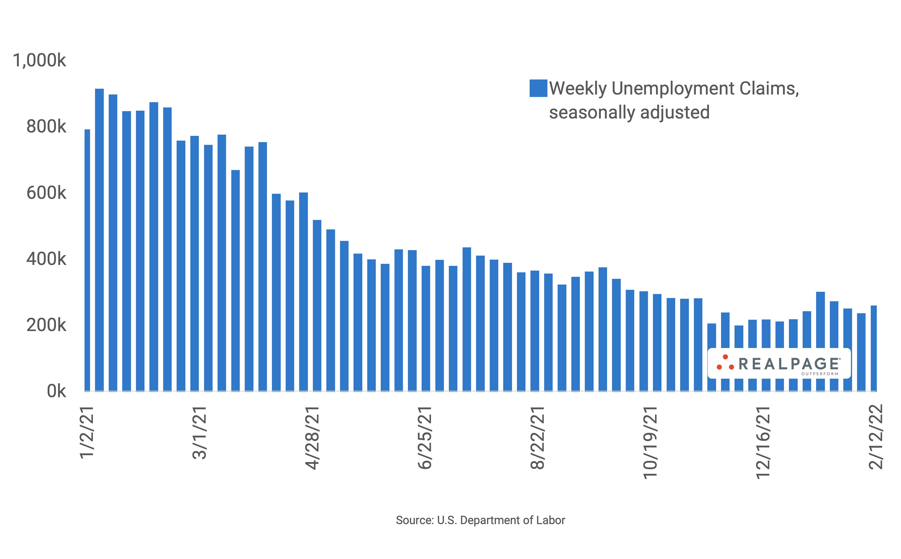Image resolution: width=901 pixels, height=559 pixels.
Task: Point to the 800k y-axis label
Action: click(x=46, y=126)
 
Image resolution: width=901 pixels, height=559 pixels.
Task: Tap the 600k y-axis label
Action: click(x=46, y=193)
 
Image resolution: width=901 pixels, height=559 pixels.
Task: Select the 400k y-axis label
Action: click(x=46, y=259)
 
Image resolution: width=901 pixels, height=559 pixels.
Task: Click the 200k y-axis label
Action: click(x=46, y=325)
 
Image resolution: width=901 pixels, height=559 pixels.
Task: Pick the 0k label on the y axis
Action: click(x=56, y=391)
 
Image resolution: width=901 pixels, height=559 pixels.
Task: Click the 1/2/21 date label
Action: click(x=87, y=433)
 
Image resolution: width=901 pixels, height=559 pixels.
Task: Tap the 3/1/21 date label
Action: click(x=200, y=433)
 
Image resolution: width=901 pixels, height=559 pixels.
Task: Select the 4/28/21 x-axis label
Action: click(x=312, y=438)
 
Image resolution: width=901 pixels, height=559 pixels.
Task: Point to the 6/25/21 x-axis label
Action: click(x=425, y=438)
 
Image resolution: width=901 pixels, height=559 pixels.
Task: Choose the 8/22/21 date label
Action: click(x=537, y=438)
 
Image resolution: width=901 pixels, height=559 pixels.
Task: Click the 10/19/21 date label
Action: click(x=650, y=443)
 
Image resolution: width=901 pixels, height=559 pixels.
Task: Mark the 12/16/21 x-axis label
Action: click(x=763, y=443)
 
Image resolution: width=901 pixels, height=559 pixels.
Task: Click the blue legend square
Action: click(x=538, y=88)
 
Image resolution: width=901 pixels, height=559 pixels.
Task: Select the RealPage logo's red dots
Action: click(x=725, y=363)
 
